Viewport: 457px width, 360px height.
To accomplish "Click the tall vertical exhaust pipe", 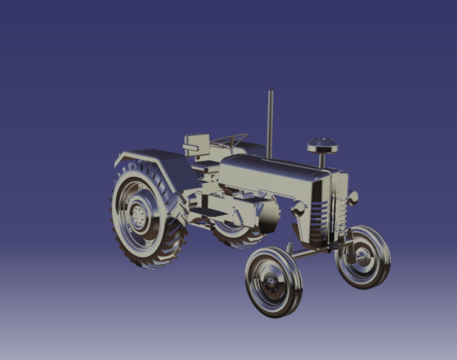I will (270, 124).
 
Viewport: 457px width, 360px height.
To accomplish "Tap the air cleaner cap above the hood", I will (322, 146).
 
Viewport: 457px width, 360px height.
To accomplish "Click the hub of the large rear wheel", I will (138, 215).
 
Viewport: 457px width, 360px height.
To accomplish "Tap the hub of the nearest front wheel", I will (272, 282).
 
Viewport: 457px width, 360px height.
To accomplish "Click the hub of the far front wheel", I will (362, 258).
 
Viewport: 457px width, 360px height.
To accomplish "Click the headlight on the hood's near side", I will (298, 208).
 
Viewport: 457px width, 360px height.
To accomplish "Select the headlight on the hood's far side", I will (353, 198).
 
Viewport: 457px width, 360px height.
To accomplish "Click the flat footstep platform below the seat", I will (205, 211).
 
